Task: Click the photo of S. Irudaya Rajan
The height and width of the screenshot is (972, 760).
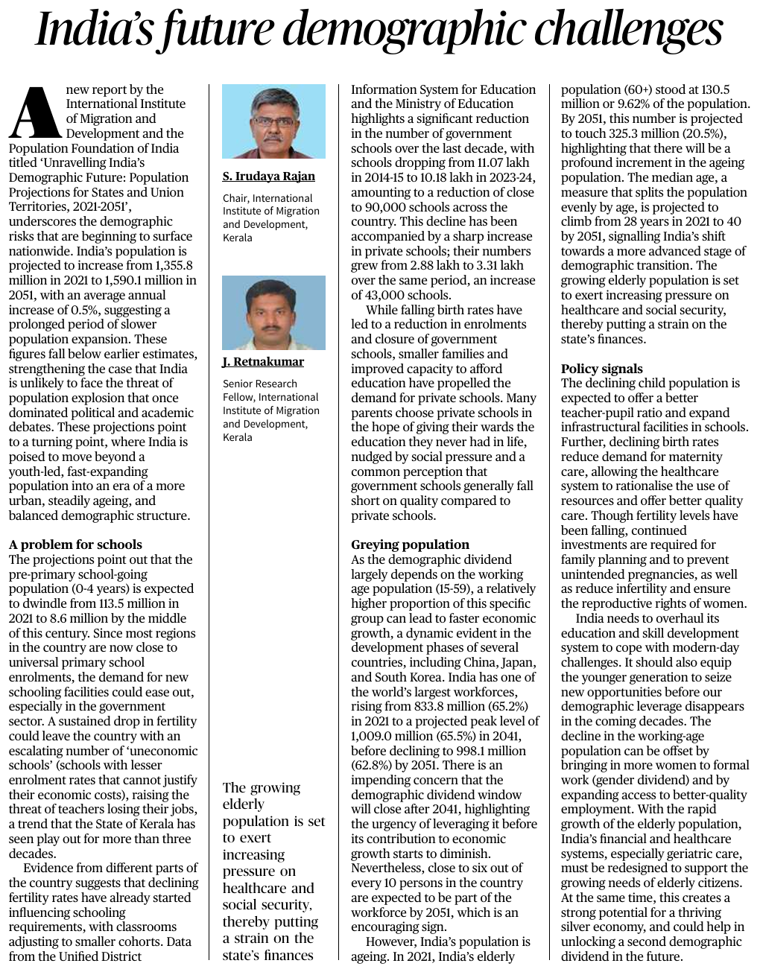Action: click(273, 121)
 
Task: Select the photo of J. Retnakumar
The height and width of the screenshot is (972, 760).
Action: click(273, 313)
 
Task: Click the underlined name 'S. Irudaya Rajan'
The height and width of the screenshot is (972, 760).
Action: click(268, 177)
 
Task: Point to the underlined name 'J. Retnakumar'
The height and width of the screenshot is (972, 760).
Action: click(263, 362)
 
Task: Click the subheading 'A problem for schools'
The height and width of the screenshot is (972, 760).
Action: click(75, 544)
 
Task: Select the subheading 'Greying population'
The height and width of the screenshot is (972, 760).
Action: click(410, 544)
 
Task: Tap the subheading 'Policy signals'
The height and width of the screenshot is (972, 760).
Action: click(601, 369)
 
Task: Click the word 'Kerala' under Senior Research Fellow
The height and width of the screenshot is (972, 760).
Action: click(238, 437)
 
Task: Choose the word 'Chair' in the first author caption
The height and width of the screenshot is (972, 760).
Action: click(235, 198)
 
